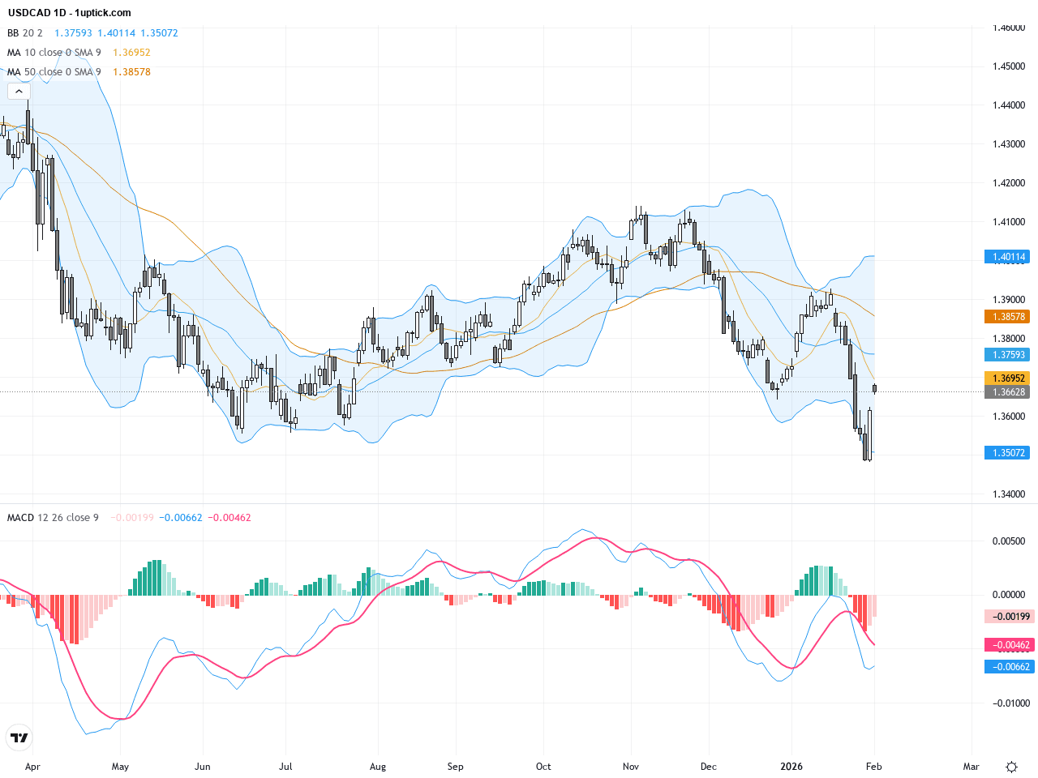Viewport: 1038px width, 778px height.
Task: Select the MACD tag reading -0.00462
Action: pos(1010,646)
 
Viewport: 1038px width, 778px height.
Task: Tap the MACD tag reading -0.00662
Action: pos(1010,667)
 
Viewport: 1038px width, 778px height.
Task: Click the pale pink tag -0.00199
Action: pos(1010,617)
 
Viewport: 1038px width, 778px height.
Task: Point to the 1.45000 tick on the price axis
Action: pos(1009,66)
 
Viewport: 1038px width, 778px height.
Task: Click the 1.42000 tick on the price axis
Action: pos(1009,183)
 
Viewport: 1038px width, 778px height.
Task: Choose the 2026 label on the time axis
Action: pos(791,767)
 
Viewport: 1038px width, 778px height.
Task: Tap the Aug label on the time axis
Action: pos(378,767)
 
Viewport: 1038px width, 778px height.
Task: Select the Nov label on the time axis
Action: pos(631,767)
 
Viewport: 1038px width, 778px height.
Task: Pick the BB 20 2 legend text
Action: pos(25,33)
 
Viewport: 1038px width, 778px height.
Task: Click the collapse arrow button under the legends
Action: pos(19,92)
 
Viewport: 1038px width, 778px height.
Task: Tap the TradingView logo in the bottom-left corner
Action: pos(19,737)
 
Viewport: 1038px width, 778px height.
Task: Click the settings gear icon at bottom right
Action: pos(1011,767)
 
